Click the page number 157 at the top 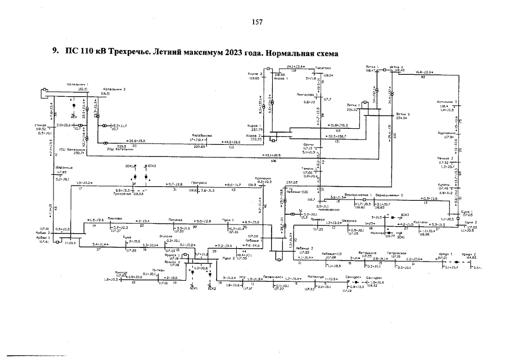[x=258, y=22]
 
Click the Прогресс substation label [x=200, y=182]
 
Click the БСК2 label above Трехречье [x=151, y=166]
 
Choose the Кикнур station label [x=121, y=272]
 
